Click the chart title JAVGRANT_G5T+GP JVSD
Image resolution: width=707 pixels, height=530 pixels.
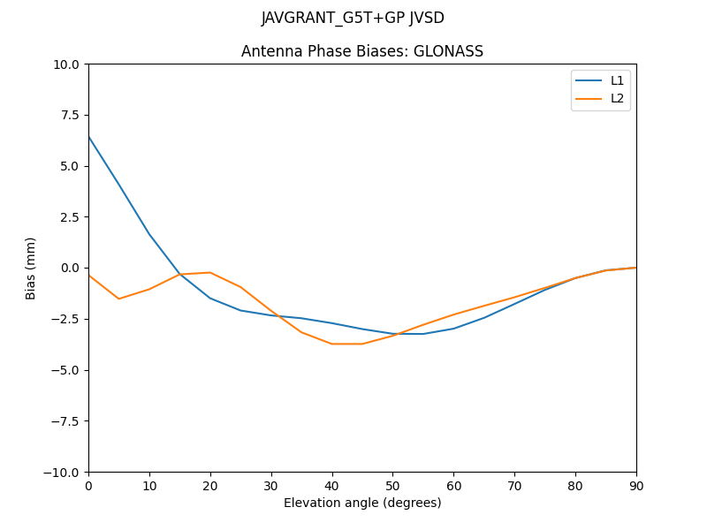(353, 19)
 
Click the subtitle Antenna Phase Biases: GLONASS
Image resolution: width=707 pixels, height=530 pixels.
(362, 51)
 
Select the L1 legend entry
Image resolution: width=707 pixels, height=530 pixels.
(617, 80)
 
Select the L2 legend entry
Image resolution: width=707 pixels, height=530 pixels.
(617, 98)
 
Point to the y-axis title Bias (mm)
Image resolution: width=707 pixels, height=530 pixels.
(31, 268)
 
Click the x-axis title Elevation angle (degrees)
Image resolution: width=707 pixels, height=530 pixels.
(362, 503)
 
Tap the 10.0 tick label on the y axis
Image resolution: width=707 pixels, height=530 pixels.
(65, 64)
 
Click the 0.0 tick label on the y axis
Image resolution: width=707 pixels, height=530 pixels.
(69, 268)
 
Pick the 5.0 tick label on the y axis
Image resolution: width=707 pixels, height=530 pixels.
(69, 166)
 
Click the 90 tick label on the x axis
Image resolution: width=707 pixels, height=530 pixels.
(636, 485)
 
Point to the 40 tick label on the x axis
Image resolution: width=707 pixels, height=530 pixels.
(332, 485)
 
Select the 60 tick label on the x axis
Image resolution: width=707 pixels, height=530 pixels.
(453, 485)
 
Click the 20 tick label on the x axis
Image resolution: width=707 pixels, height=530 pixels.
(210, 485)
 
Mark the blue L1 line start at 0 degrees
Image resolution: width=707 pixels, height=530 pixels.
(89, 137)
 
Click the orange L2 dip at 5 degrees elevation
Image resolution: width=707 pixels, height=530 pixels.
(118, 299)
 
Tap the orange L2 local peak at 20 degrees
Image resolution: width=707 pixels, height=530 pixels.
(210, 272)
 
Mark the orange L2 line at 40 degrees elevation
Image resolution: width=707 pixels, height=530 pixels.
(332, 344)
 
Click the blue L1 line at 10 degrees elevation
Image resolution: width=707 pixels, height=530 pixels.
(149, 234)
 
